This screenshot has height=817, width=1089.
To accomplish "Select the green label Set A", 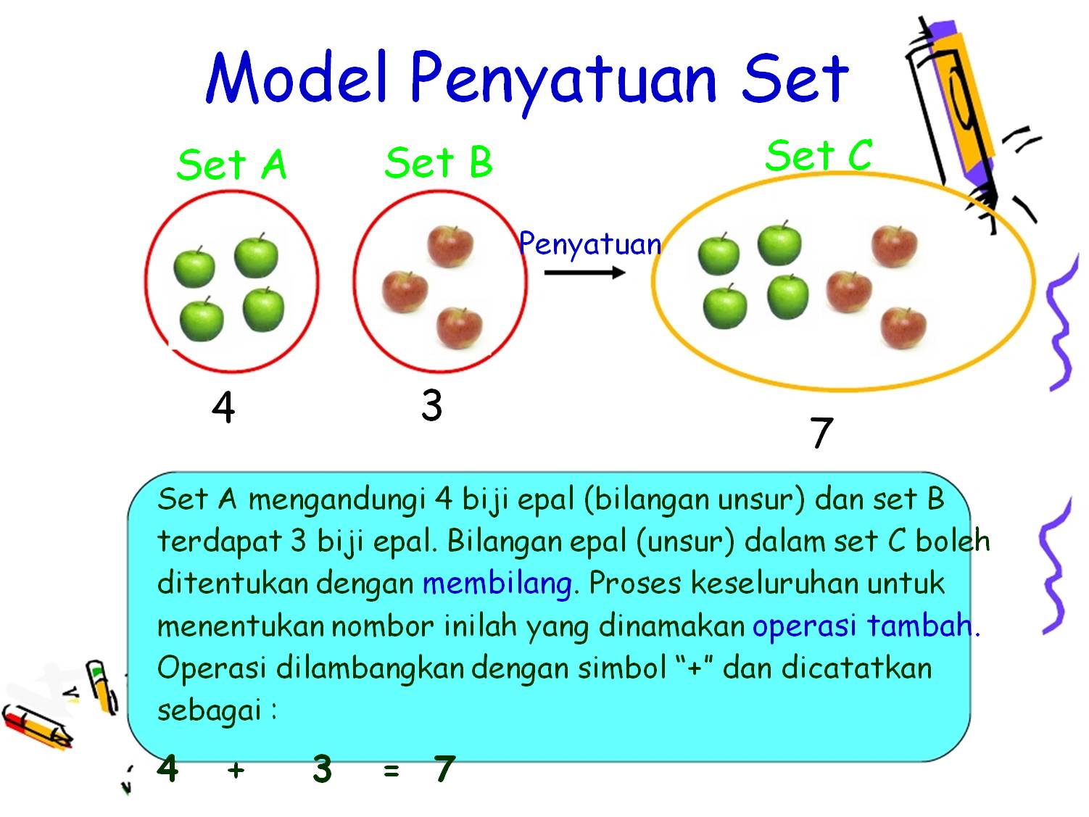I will (x=231, y=165).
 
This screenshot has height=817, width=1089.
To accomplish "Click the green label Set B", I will (x=438, y=162).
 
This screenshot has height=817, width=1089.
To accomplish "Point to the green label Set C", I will (x=818, y=155).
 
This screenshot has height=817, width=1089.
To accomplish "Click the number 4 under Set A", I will (x=223, y=407).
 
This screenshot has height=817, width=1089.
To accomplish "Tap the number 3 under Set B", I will (x=431, y=405).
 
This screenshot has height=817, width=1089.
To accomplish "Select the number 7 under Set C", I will (x=821, y=433).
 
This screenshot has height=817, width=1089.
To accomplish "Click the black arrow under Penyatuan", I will (x=584, y=273).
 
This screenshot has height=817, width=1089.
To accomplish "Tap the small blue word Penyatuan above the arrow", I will (x=590, y=244).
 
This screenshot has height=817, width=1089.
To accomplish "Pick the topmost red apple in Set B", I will (x=450, y=246).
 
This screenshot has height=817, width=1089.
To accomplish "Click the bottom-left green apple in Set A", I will (x=201, y=319).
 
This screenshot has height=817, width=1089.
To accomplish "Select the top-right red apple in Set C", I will (x=894, y=246).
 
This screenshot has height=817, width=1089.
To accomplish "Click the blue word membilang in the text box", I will (x=497, y=584).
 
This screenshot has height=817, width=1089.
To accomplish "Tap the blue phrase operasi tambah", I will (x=863, y=626).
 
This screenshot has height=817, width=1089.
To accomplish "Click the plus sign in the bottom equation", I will (x=235, y=769).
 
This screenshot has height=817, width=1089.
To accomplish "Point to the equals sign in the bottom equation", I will (x=392, y=771).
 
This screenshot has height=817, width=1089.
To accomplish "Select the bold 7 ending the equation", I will (x=444, y=768).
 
